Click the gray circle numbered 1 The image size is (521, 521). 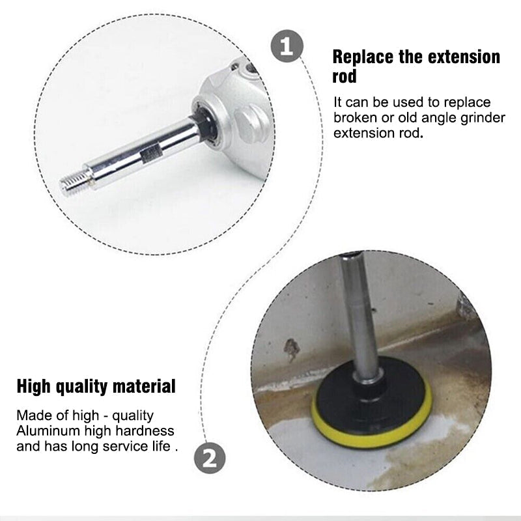(x=287, y=47)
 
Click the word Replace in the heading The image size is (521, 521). (x=361, y=57)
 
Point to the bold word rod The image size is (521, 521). (x=345, y=76)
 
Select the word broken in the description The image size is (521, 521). (x=353, y=118)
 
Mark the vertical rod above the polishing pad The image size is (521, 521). (x=361, y=313)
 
